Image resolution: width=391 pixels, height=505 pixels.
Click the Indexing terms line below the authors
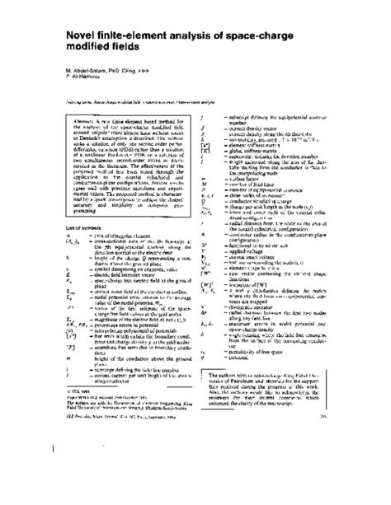coord(124,112)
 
